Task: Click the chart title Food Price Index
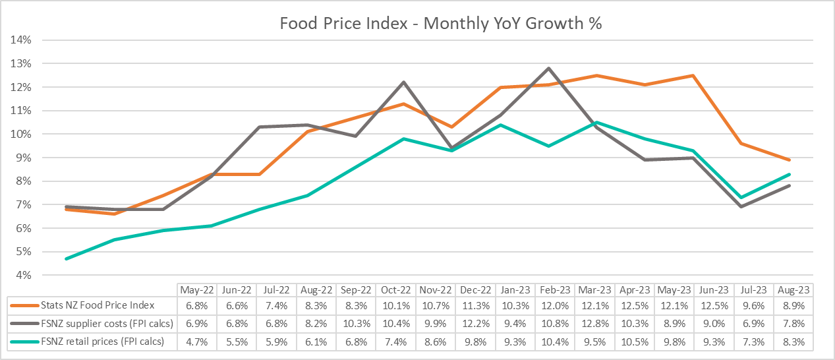pos(441,23)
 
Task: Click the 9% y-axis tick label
pos(24,158)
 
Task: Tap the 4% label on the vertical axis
pos(24,275)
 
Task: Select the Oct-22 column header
pos(396,290)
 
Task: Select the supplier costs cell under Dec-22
pos(476,323)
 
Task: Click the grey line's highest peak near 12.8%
pos(548,68)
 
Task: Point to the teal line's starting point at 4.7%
pos(67,258)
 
